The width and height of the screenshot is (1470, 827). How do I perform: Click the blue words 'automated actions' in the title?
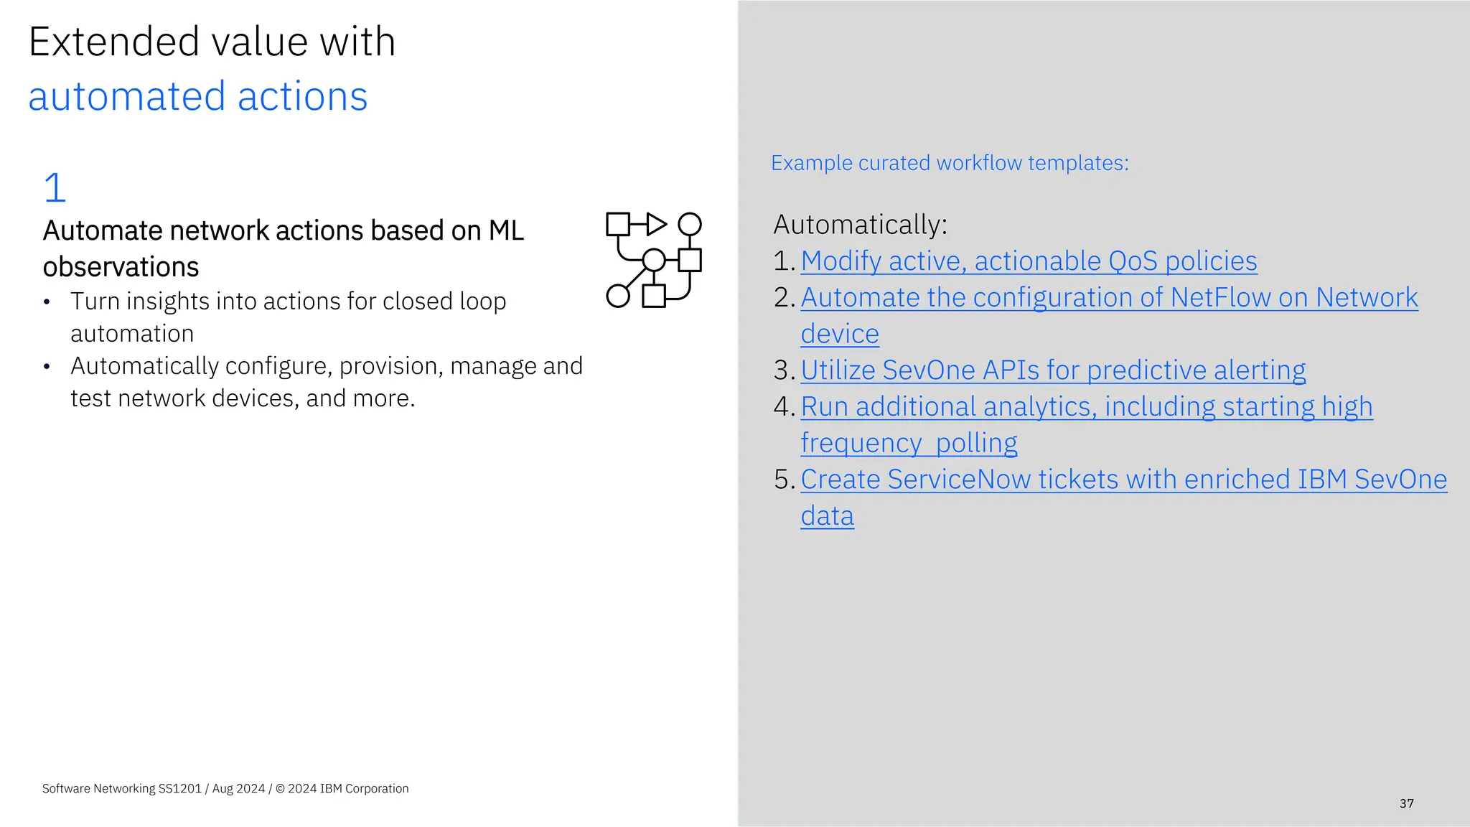(197, 97)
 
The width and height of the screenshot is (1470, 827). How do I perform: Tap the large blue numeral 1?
(55, 187)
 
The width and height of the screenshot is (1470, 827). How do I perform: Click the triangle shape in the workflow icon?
(655, 224)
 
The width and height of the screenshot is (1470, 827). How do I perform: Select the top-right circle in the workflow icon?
(690, 224)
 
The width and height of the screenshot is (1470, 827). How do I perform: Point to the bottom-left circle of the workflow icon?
(617, 296)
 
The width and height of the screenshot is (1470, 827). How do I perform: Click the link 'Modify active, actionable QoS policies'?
(1029, 261)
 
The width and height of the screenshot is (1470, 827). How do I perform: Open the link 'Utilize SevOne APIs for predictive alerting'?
(1053, 370)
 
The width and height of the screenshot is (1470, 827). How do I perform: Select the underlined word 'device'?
(840, 335)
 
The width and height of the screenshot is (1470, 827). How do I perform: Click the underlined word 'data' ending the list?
(827, 516)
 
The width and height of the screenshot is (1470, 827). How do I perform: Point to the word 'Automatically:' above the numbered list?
(860, 225)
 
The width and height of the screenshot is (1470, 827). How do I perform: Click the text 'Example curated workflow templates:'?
(950, 163)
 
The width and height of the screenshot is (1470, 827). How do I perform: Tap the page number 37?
(1406, 803)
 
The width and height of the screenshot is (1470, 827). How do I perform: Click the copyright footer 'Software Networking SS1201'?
(122, 788)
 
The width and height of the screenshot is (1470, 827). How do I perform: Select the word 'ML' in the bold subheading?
(506, 231)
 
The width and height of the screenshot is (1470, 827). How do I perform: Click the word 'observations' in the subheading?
(121, 267)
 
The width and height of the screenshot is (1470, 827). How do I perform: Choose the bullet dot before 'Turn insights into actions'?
(47, 302)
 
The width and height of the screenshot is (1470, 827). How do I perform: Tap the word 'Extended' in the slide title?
(113, 42)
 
